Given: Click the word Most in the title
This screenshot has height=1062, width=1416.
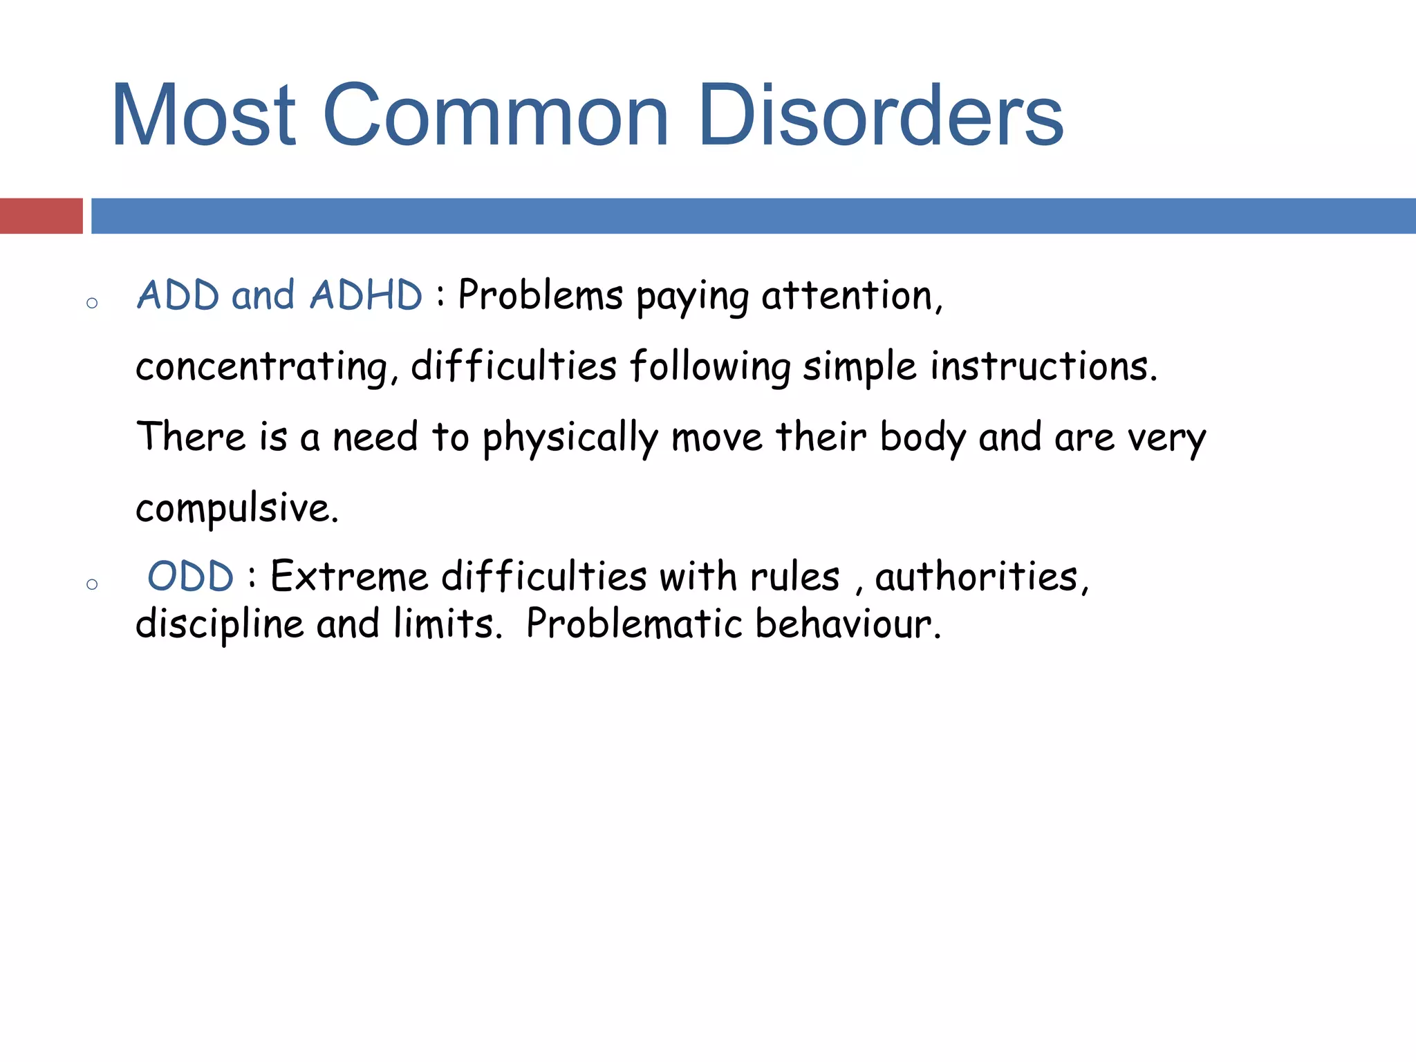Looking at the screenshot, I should click(x=204, y=115).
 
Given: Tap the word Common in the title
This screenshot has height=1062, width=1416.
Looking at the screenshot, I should click(x=495, y=115).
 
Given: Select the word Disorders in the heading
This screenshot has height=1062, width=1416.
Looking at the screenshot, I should click(x=880, y=115).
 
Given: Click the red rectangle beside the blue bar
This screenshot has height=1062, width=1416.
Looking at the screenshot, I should click(x=41, y=216).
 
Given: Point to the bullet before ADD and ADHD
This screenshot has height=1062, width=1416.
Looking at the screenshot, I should click(x=92, y=303).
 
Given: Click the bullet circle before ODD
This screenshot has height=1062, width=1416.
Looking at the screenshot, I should click(x=92, y=584).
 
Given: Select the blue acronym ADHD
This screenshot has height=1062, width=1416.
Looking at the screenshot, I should click(x=366, y=296).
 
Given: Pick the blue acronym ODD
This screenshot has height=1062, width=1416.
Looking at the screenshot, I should click(x=190, y=577).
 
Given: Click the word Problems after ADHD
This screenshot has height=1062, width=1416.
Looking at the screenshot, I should click(x=540, y=296).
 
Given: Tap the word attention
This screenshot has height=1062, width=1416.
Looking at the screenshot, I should click(x=852, y=296).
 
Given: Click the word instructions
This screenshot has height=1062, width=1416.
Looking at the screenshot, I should click(x=1043, y=366).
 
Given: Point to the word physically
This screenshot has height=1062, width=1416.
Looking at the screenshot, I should click(x=570, y=438).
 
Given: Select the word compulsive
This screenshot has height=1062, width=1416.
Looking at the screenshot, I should click(x=236, y=509).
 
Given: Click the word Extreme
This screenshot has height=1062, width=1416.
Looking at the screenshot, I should click(x=348, y=577).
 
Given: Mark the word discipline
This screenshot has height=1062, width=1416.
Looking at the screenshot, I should click(x=219, y=624).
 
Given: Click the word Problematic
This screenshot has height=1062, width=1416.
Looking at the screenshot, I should click(x=633, y=624).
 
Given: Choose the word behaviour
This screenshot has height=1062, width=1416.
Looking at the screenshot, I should click(x=848, y=624).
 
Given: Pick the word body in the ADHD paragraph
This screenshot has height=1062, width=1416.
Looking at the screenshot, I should click(x=922, y=438).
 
